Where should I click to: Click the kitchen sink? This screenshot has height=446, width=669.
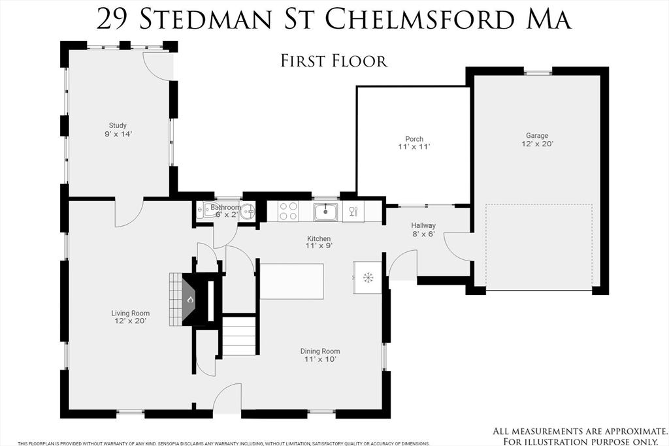[325, 212]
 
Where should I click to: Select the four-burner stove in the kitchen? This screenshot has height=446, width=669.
[288, 212]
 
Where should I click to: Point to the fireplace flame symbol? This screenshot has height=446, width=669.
[190, 300]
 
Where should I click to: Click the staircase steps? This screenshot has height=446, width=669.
[239, 335]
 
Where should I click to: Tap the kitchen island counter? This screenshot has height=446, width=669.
[292, 281]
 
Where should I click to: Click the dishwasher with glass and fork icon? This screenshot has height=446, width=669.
[353, 212]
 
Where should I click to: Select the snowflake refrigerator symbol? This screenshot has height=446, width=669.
[367, 278]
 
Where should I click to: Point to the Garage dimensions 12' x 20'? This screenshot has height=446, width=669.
[537, 144]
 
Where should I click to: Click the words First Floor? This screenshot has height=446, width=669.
[334, 61]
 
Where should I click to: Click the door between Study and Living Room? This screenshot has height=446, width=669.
[129, 212]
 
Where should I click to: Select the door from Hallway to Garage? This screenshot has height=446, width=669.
[458, 247]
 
